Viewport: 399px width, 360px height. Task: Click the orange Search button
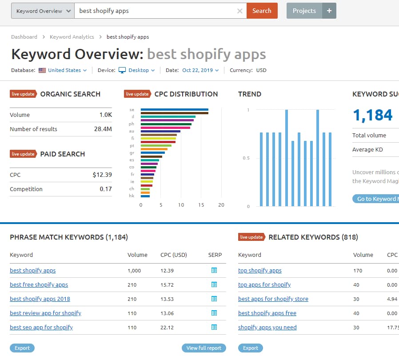tap(262, 11)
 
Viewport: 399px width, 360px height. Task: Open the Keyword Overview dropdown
tap(43, 11)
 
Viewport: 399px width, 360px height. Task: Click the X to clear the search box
tap(240, 11)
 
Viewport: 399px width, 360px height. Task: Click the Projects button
tap(304, 11)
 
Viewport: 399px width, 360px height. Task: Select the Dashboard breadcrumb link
tap(24, 37)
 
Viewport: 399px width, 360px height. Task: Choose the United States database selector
tap(64, 70)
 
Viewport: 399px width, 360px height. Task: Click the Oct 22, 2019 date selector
tap(200, 70)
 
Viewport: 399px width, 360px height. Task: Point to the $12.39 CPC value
tap(102, 175)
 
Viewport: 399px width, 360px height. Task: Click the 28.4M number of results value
tap(103, 129)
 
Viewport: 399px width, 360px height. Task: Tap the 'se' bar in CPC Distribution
tap(174, 109)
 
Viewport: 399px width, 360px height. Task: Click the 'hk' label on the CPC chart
tap(132, 196)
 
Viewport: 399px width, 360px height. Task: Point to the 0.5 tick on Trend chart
tap(246, 158)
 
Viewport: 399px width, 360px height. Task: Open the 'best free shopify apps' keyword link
tap(39, 284)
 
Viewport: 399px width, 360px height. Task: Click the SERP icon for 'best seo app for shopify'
tap(214, 327)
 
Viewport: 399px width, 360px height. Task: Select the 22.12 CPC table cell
tap(167, 327)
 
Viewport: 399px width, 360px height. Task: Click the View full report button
tap(203, 348)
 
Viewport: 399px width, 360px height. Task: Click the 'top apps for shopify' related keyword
tap(264, 284)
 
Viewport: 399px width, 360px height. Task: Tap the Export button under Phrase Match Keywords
tap(22, 348)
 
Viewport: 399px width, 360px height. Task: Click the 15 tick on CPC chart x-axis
tap(201, 205)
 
